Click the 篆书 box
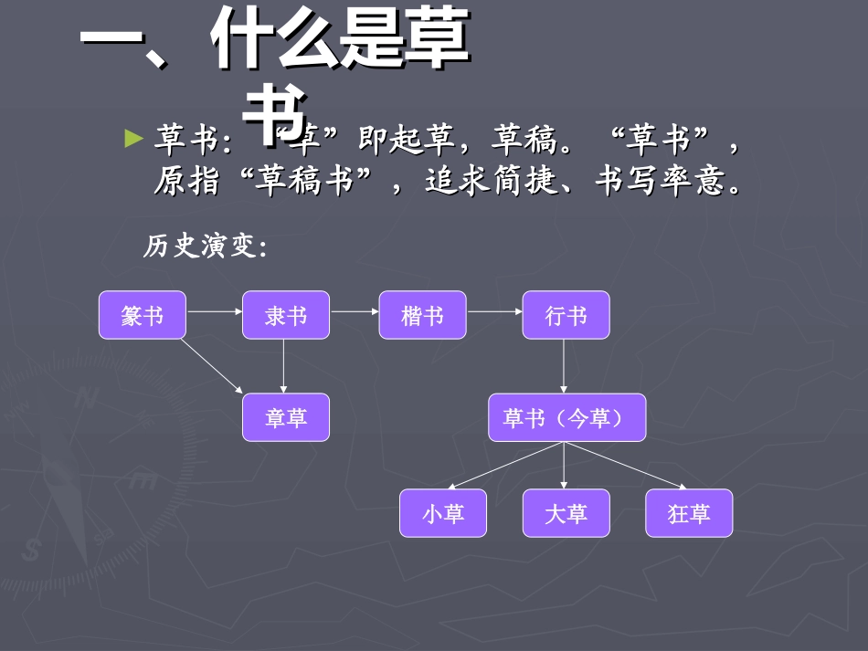tap(143, 316)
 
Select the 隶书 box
tap(286, 316)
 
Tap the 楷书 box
tap(422, 316)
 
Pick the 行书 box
tap(566, 316)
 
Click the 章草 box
tap(286, 418)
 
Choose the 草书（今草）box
tap(566, 418)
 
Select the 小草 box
tap(443, 513)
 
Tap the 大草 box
tap(566, 513)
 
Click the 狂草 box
tap(689, 513)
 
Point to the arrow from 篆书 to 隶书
tap(214, 311)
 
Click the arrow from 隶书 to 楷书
tap(355, 311)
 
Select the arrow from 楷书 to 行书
tap(494, 311)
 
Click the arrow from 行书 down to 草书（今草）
tap(564, 366)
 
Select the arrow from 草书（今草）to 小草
tap(506, 465)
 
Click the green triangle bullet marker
tap(134, 139)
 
